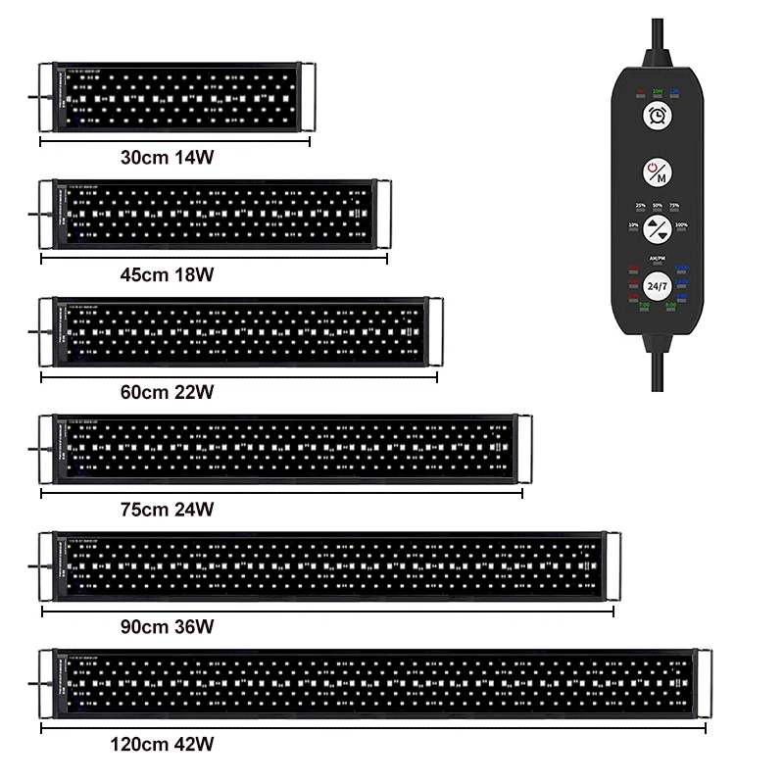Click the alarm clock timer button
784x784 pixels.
(656, 116)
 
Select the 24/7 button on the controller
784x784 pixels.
(657, 286)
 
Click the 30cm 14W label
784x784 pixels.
(168, 157)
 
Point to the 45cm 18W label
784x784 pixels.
(168, 274)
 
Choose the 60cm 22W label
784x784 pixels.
(168, 392)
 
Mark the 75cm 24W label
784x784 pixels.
(168, 510)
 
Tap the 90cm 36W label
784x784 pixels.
(168, 626)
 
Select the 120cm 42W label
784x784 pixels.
(164, 745)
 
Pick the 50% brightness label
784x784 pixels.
(657, 206)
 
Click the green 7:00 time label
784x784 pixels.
(644, 306)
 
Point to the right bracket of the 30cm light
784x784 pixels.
(308, 98)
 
